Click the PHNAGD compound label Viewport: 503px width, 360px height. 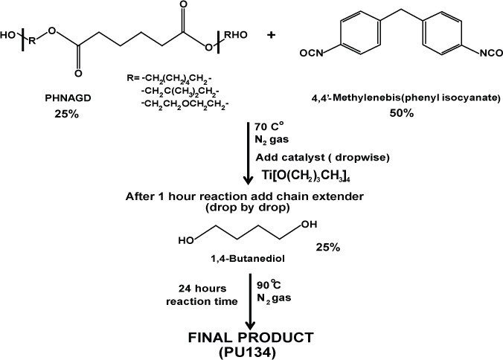(68, 98)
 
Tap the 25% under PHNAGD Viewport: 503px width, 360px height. (66, 114)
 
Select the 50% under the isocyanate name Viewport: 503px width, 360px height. (401, 113)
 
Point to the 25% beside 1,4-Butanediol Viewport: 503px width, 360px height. (328, 247)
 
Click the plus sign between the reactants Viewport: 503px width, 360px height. (271, 35)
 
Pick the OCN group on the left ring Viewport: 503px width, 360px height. (312, 53)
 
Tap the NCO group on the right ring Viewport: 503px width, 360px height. (491, 53)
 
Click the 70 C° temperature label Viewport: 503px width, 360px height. (269, 126)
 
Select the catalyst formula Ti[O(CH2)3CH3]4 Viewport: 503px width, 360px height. (306, 176)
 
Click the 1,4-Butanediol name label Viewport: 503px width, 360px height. (248, 258)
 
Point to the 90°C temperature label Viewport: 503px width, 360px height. (269, 284)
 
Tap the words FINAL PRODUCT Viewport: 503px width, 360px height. (251, 338)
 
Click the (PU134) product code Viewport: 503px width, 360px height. (247, 353)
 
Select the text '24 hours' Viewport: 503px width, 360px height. (202, 289)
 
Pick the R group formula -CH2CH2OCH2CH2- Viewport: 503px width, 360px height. (185, 105)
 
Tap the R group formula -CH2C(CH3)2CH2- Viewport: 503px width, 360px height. (179, 92)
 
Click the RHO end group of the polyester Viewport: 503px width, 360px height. (235, 35)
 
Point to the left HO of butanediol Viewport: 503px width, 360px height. (186, 240)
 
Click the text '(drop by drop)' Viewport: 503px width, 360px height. (247, 208)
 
